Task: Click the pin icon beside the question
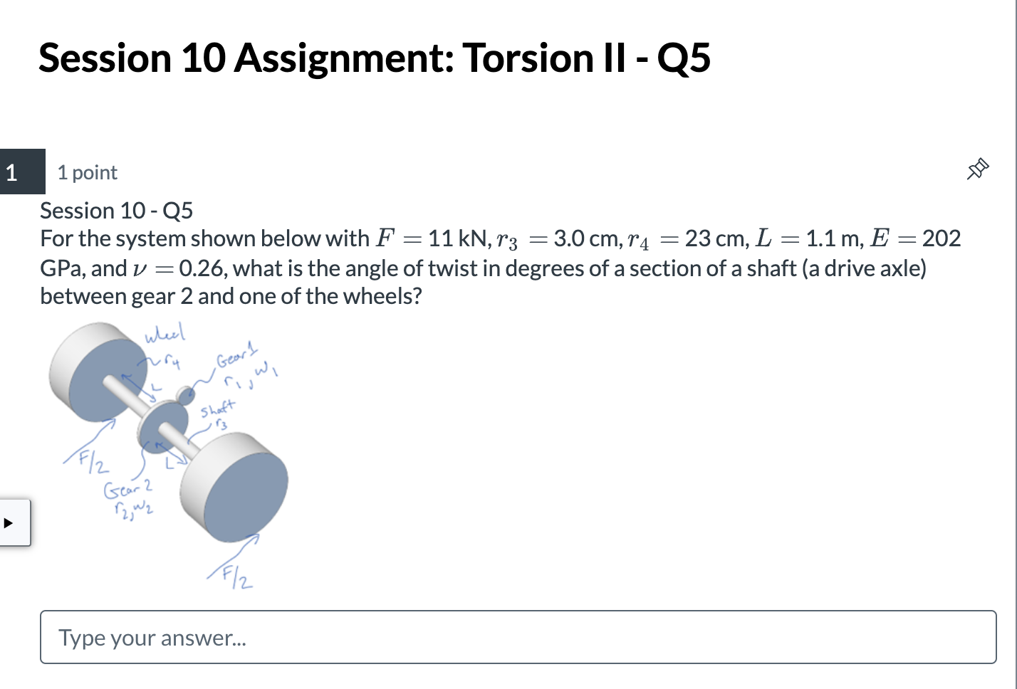tap(978, 169)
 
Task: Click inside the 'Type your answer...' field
tap(518, 637)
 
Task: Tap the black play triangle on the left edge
tap(9, 523)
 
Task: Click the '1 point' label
tap(87, 172)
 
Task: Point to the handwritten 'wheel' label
tap(165, 333)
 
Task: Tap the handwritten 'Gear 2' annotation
tap(128, 489)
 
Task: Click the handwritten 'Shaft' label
tap(217, 409)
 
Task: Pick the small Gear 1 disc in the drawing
tap(187, 395)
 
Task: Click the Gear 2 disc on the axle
tap(161, 427)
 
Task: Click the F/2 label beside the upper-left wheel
tap(95, 463)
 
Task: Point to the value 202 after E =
tap(942, 238)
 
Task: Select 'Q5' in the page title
tap(683, 58)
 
